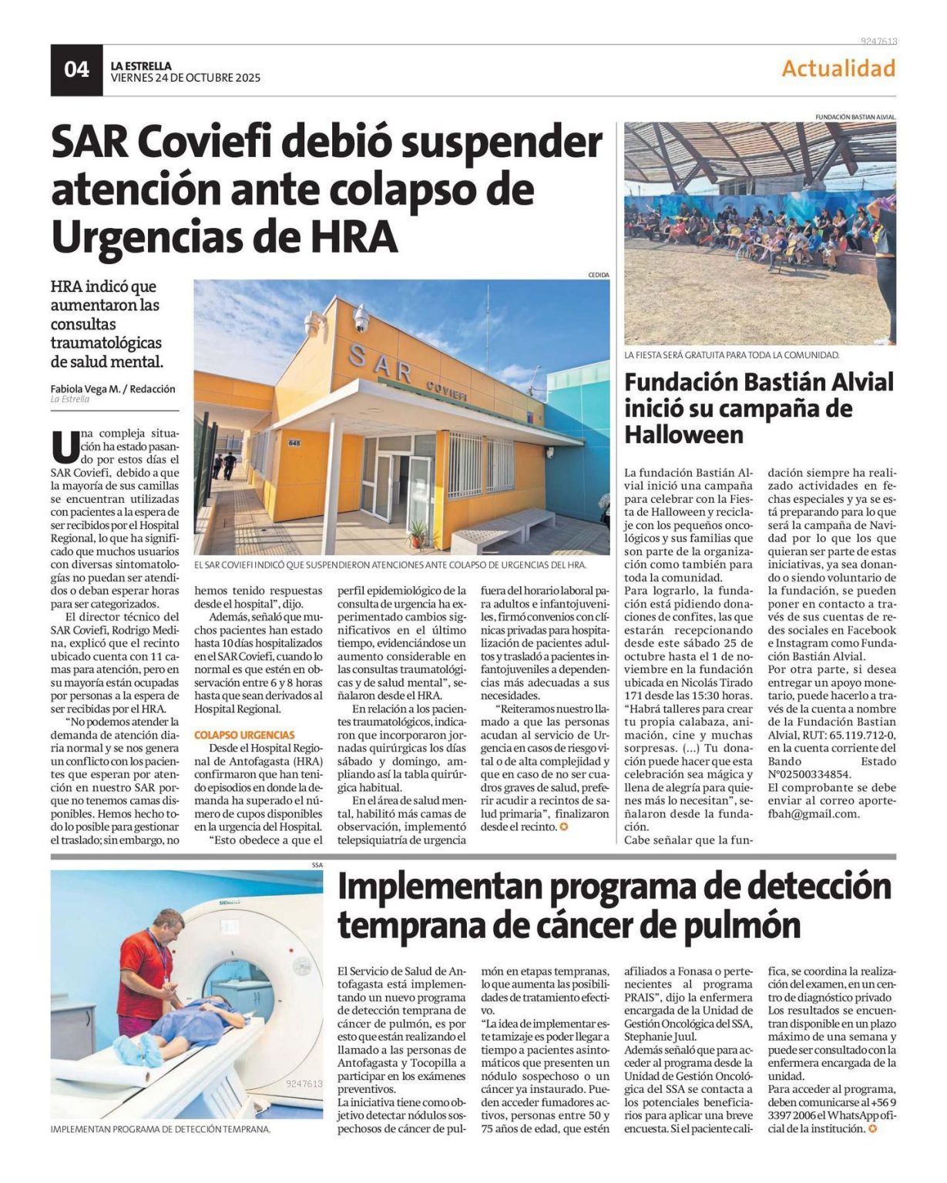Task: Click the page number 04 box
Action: (x=76, y=70)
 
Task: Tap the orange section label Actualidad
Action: (x=838, y=69)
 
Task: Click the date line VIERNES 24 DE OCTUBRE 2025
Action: (x=186, y=78)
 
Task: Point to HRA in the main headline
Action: (x=354, y=236)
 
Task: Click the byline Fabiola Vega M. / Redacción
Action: (x=113, y=389)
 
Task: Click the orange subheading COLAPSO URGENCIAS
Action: (x=244, y=736)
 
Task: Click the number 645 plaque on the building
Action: (x=294, y=443)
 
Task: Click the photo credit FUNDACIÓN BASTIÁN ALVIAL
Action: (x=855, y=117)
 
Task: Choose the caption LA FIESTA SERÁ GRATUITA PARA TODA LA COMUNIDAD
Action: (x=731, y=355)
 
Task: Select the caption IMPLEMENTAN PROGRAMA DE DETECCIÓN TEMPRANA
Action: (x=160, y=1129)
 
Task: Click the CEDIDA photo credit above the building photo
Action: (x=598, y=275)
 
